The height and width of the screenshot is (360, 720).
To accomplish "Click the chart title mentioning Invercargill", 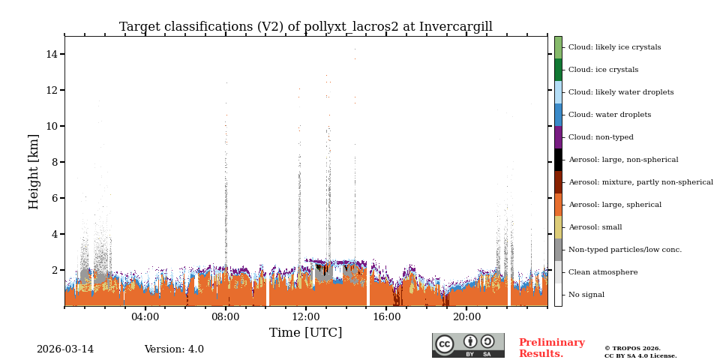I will point(305,27).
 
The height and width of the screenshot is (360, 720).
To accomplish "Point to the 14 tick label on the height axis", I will point(52,54).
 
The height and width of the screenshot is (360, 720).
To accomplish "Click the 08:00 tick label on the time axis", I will point(226,317).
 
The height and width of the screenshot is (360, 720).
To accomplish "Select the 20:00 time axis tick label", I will point(466,317).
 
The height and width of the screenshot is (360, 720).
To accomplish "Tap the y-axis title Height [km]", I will point(34,171).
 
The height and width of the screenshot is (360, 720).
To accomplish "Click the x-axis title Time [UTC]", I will point(305,333).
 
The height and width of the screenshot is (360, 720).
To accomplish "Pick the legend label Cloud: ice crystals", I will point(603,70).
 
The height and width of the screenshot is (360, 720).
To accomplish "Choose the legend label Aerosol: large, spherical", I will point(614,205).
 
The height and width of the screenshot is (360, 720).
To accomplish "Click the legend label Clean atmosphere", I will point(602,272).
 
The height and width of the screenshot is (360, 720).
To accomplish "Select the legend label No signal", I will point(586,295).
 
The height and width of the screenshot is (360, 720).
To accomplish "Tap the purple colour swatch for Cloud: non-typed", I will point(558,137).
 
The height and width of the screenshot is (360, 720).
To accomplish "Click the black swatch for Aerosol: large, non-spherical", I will point(558,160).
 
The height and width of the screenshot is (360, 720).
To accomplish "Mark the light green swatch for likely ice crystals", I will point(558,47).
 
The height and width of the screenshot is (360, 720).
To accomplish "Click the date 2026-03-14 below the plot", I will point(65,349).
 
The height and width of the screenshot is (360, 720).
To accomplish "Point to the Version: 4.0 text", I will point(174,349).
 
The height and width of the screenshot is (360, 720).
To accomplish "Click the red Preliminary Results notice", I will point(551,348).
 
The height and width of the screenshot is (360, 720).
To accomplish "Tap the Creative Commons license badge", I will point(468,345).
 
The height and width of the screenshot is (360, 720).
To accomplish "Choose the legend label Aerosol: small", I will point(595,227).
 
